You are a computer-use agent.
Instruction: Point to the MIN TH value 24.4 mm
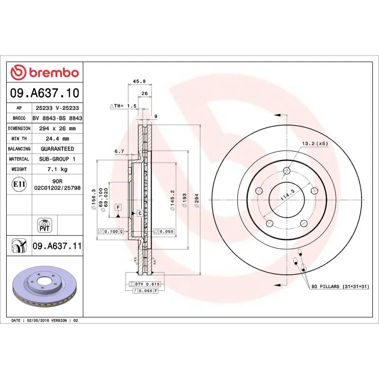coord(57,139)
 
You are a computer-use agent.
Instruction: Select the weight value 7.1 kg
coord(57,169)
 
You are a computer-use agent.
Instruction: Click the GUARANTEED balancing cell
coord(57,149)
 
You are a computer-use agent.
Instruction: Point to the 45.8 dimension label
coord(139,81)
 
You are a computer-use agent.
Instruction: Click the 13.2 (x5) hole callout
coord(315,144)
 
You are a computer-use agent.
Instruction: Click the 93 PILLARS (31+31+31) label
coord(339,287)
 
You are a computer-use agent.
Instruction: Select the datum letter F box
coord(117,208)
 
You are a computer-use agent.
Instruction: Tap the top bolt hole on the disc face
coord(287,171)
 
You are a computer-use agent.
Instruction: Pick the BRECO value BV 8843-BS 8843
coord(57,118)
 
